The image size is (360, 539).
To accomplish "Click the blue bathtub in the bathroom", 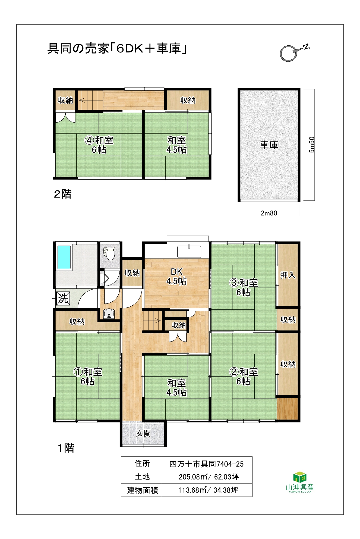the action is coord(64,257).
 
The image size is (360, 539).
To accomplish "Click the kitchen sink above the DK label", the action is coord(189,252).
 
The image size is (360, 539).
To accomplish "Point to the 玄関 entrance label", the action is coord(143,433).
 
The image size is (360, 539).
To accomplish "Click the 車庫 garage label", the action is coord(269,145).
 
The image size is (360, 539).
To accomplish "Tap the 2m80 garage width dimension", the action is coord(269,213).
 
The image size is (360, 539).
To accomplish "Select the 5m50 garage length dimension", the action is coord(312,145).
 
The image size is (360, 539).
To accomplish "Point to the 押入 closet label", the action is coord(288,275).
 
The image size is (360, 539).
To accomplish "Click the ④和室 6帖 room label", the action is coord(99,145).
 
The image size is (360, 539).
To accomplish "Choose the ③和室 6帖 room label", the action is coord(244,287).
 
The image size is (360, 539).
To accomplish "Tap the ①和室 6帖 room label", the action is coord(88,377).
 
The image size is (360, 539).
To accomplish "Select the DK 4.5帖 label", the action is coord(176,276).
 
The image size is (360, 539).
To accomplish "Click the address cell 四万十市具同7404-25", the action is coord(207,464).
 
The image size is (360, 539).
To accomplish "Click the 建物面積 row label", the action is coord(143,490).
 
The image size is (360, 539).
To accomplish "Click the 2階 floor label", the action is coord(63,194).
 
